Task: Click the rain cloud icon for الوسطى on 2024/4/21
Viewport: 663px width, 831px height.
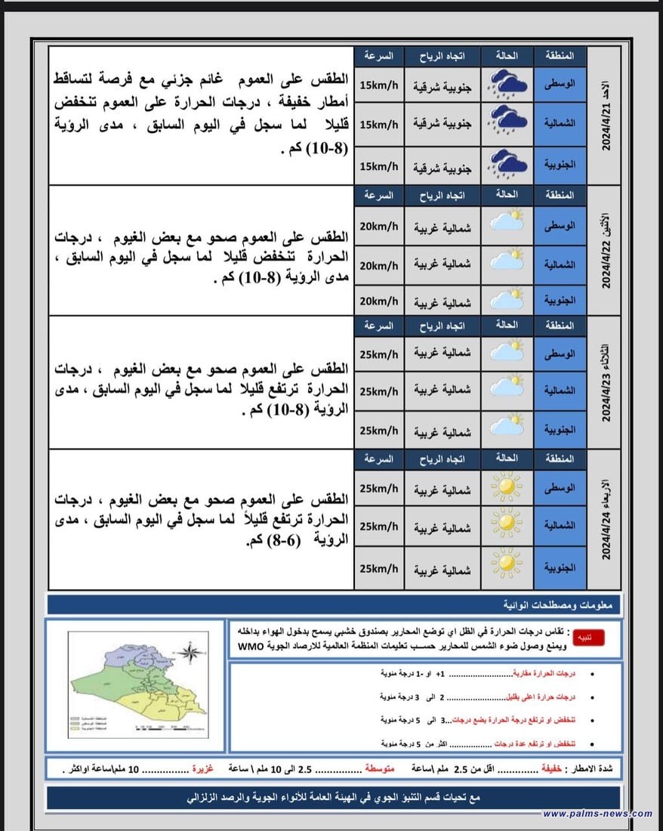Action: [507, 84]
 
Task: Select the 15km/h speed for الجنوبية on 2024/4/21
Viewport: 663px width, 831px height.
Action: [378, 166]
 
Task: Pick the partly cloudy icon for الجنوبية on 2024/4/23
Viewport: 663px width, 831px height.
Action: [507, 428]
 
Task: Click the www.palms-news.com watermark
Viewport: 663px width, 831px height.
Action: [597, 814]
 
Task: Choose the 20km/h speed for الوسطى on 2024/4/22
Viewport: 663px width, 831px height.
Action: [378, 225]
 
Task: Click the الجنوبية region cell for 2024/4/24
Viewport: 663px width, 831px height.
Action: [560, 567]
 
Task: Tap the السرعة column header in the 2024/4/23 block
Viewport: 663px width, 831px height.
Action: [378, 326]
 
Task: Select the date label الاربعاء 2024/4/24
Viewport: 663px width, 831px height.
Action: [604, 521]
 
